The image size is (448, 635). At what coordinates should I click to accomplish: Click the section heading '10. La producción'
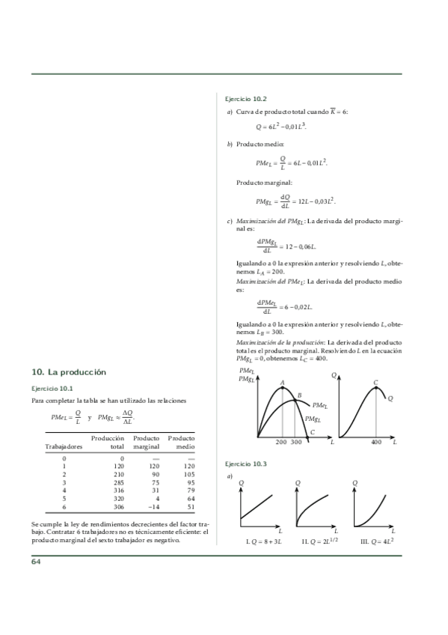click(x=69, y=372)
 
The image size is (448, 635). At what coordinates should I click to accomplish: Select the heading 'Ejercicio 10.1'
click(x=52, y=389)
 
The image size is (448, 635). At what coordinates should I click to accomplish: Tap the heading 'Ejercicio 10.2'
click(x=246, y=98)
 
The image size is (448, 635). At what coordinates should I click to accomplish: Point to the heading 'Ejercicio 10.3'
click(x=246, y=464)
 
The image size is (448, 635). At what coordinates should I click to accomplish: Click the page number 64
click(x=37, y=562)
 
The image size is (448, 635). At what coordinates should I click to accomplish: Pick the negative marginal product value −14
click(x=150, y=507)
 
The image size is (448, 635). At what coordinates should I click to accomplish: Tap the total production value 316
click(x=116, y=490)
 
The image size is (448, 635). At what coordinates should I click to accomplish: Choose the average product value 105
click(x=188, y=473)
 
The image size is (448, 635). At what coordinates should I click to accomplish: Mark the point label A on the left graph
click(x=282, y=383)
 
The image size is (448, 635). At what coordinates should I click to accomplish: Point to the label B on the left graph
click(x=299, y=395)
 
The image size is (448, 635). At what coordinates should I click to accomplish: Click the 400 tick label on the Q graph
click(x=376, y=443)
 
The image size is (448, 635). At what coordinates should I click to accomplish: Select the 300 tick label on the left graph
click(x=296, y=443)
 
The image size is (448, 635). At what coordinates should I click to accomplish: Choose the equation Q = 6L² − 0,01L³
click(x=281, y=127)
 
